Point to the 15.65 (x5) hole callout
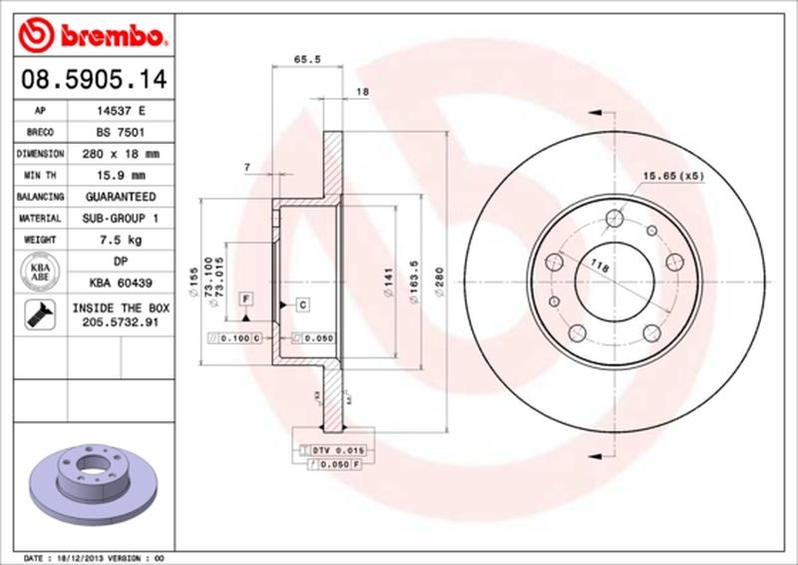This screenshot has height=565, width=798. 673,176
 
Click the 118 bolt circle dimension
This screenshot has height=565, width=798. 599,265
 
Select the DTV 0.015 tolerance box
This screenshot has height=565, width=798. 340,451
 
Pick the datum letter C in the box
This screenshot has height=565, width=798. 300,303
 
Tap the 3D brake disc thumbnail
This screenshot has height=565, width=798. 94,477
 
